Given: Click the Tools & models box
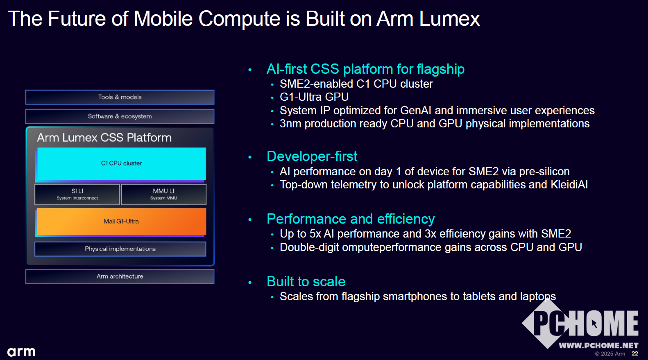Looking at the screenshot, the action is pos(120,97).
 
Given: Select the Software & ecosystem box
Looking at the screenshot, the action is pos(120,116).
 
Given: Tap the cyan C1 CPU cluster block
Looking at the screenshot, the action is pos(121,164).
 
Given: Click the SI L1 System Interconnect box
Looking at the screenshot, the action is pos(77,194).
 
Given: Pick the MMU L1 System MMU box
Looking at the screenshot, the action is pos(164,194).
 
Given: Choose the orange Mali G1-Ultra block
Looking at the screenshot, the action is pos(121,222).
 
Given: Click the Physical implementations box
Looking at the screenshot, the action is pos(120,249).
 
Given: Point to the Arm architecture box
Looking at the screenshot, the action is pos(120,276).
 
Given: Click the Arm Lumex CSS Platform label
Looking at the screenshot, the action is pos(104,138).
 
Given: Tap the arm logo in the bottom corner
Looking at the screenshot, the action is pos(21,352).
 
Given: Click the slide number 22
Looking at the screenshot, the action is pos(635,353).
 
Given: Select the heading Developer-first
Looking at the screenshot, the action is pos(312,156).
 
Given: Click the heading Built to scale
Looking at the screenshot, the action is pos(306,282).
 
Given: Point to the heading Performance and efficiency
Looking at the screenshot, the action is pos(351,219).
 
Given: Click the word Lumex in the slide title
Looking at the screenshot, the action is pos(450,19).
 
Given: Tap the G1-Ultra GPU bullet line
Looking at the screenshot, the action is pos(314,97).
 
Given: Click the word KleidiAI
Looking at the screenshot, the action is pos(569,185).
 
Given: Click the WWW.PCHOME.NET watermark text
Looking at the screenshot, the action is pos(598,345).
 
